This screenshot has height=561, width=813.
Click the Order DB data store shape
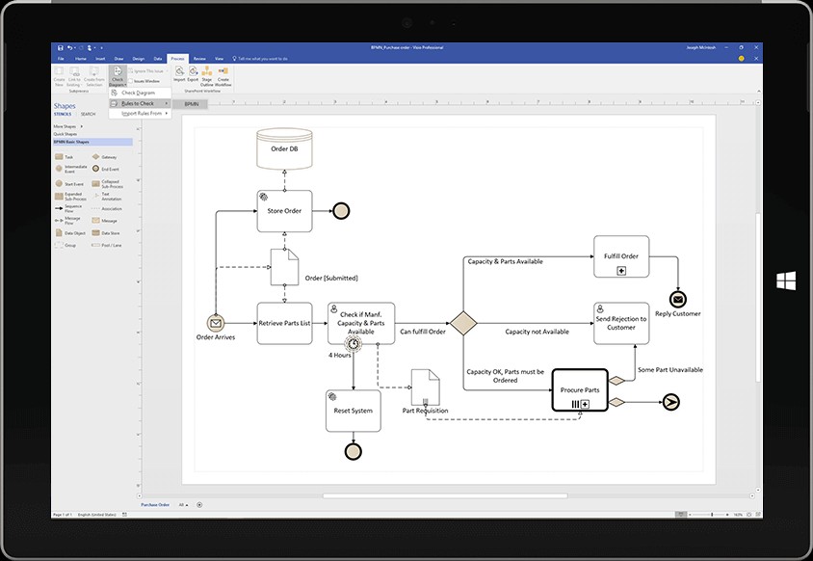point(284,148)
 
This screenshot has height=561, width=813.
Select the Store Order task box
point(284,211)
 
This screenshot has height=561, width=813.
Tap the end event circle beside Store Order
point(341,211)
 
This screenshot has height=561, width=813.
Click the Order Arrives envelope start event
point(216,324)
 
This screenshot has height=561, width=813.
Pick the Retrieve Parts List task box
point(284,324)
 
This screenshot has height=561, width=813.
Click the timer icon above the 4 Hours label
point(354,343)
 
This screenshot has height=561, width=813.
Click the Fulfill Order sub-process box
point(621,256)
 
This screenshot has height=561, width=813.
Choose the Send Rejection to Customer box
point(621,324)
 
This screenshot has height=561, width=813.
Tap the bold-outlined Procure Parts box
point(580,390)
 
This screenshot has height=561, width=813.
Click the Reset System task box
point(354,410)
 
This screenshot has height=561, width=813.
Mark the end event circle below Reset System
point(354,451)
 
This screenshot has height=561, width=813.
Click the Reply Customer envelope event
point(677,299)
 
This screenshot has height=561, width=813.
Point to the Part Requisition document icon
point(425,387)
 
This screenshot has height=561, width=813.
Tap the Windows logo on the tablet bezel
point(786,280)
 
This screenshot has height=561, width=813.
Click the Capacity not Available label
point(537,332)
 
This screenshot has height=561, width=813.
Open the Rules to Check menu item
point(139,103)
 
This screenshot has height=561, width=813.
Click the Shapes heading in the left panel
point(65,107)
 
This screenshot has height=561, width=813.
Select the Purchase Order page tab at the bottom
point(155,504)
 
